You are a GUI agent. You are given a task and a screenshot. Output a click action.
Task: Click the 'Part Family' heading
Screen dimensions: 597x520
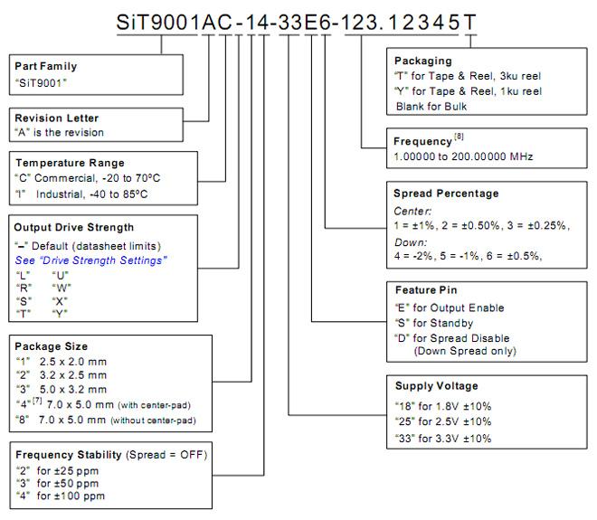pyautogui.click(x=46, y=67)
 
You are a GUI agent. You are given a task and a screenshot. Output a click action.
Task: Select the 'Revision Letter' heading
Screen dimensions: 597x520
pyautogui.click(x=56, y=118)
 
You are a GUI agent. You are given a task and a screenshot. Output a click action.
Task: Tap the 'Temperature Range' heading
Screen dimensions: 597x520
pyautogui.click(x=70, y=164)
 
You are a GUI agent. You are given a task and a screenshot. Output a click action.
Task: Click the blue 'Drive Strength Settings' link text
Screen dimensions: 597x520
pyautogui.click(x=90, y=260)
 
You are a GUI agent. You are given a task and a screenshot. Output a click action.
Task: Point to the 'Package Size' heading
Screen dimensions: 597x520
pyautogui.click(x=51, y=346)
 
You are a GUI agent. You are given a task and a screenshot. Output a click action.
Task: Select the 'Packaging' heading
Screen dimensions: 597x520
pyautogui.click(x=423, y=61)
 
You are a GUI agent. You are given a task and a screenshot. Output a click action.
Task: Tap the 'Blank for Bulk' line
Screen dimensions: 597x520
pyautogui.click(x=431, y=107)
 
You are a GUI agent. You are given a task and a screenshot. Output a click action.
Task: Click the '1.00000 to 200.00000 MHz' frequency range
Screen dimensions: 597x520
pyautogui.click(x=463, y=156)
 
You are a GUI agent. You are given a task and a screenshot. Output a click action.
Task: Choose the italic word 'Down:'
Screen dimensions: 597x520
pyautogui.click(x=411, y=242)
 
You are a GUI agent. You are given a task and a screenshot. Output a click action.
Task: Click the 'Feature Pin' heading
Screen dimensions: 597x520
pyautogui.click(x=426, y=290)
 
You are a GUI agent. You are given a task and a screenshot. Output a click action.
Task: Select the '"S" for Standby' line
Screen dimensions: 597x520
pyautogui.click(x=434, y=323)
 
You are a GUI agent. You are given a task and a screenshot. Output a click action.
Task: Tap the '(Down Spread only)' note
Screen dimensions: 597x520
pyautogui.click(x=465, y=351)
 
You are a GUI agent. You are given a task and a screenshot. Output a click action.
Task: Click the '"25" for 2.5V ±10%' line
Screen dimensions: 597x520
pyautogui.click(x=443, y=421)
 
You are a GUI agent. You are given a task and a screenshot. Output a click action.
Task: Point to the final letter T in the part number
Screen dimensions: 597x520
pyautogui.click(x=469, y=22)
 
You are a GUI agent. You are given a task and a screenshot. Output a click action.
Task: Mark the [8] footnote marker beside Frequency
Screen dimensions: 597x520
pyautogui.click(x=459, y=137)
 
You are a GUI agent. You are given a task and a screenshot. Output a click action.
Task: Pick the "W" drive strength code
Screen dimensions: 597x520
pyautogui.click(x=62, y=288)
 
